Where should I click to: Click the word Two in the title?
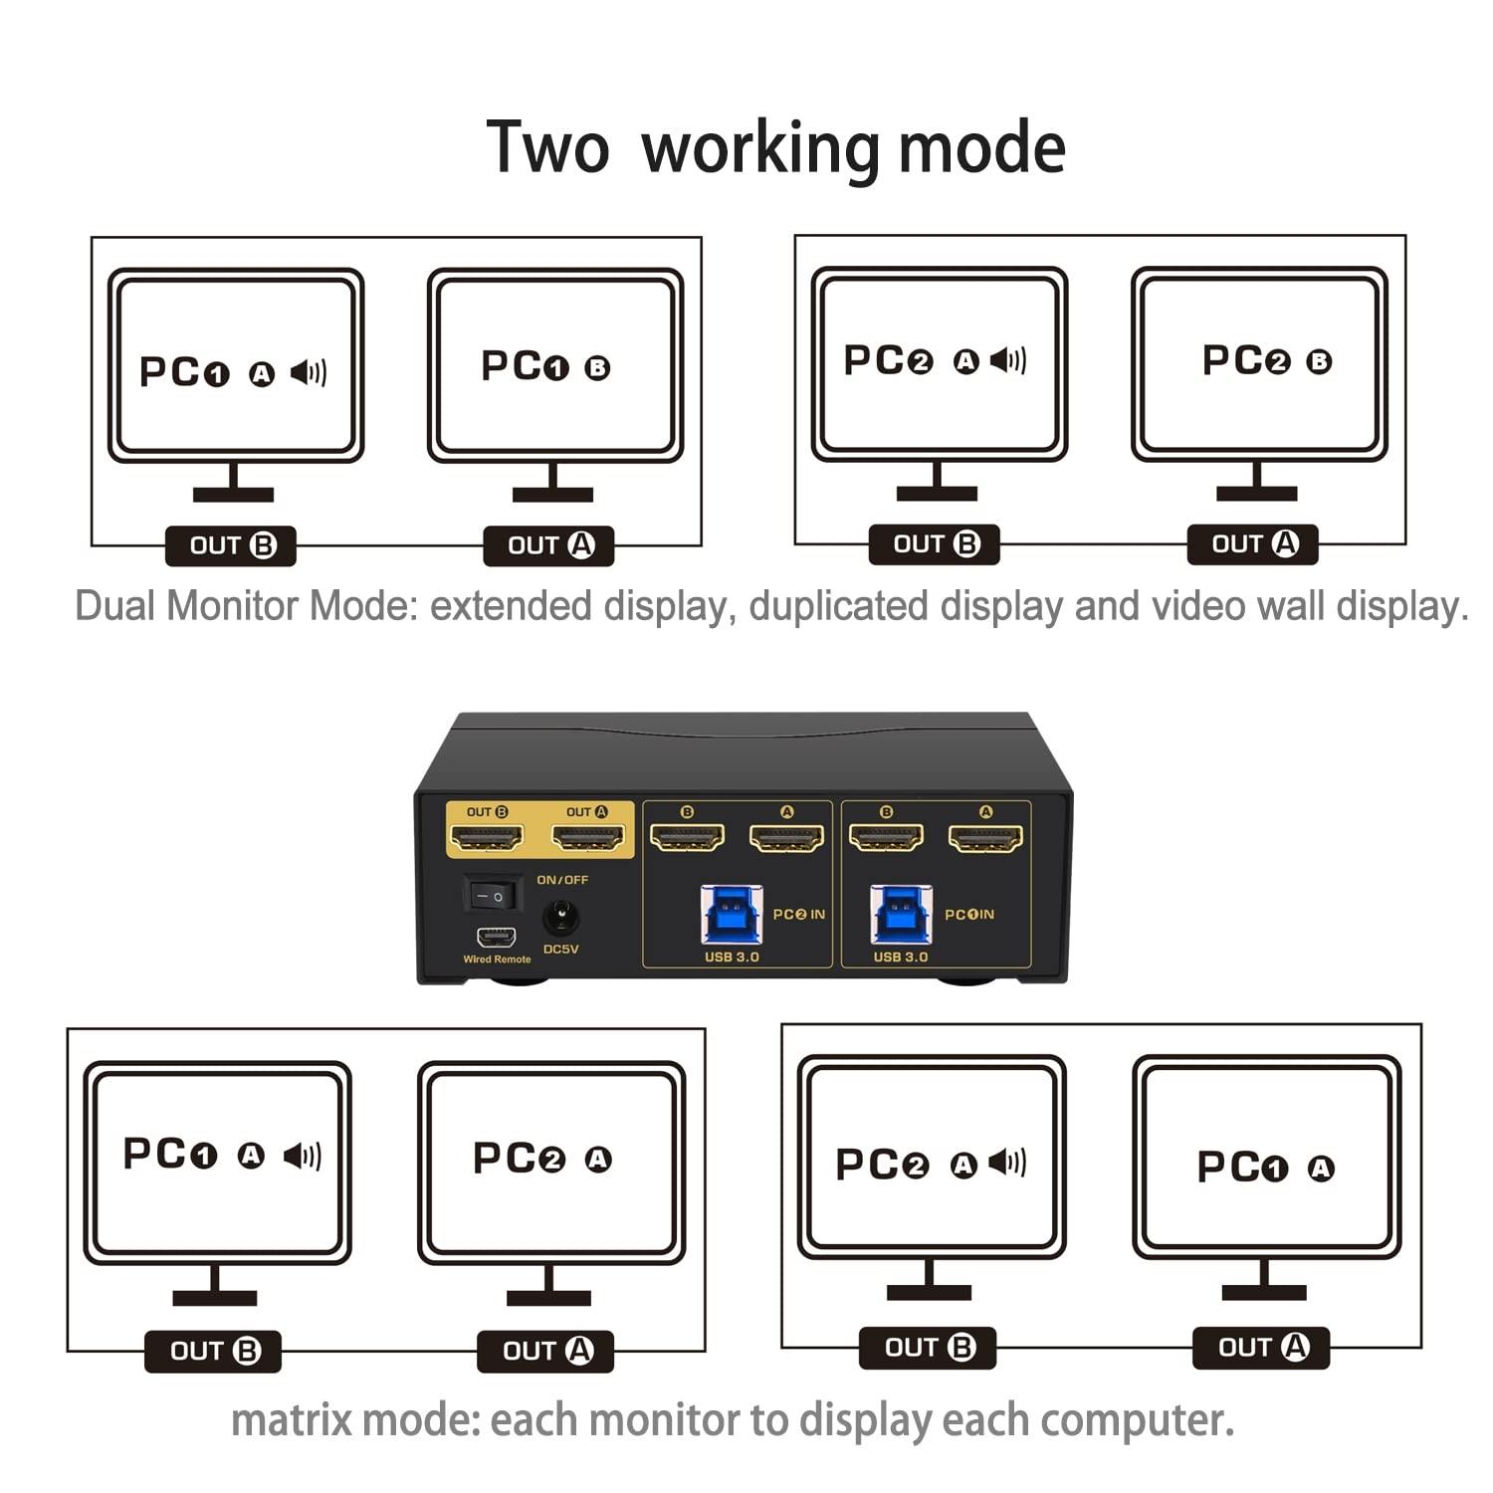[x=546, y=147]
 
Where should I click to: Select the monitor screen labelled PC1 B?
[x=554, y=365]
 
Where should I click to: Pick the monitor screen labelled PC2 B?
[x=1259, y=362]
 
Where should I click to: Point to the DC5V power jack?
[x=560, y=916]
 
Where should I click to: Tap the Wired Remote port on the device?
[x=496, y=937]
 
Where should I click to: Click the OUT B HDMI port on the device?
[x=487, y=838]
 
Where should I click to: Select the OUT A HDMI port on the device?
[x=587, y=838]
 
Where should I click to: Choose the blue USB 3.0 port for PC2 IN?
[x=732, y=914]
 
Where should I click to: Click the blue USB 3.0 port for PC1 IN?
[x=901, y=914]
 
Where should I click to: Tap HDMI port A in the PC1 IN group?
[x=985, y=838]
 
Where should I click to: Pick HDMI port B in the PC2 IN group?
[x=687, y=838]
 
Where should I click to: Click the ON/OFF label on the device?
[x=562, y=880]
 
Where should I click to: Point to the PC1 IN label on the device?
[x=968, y=914]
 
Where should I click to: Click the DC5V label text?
[x=561, y=950]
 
